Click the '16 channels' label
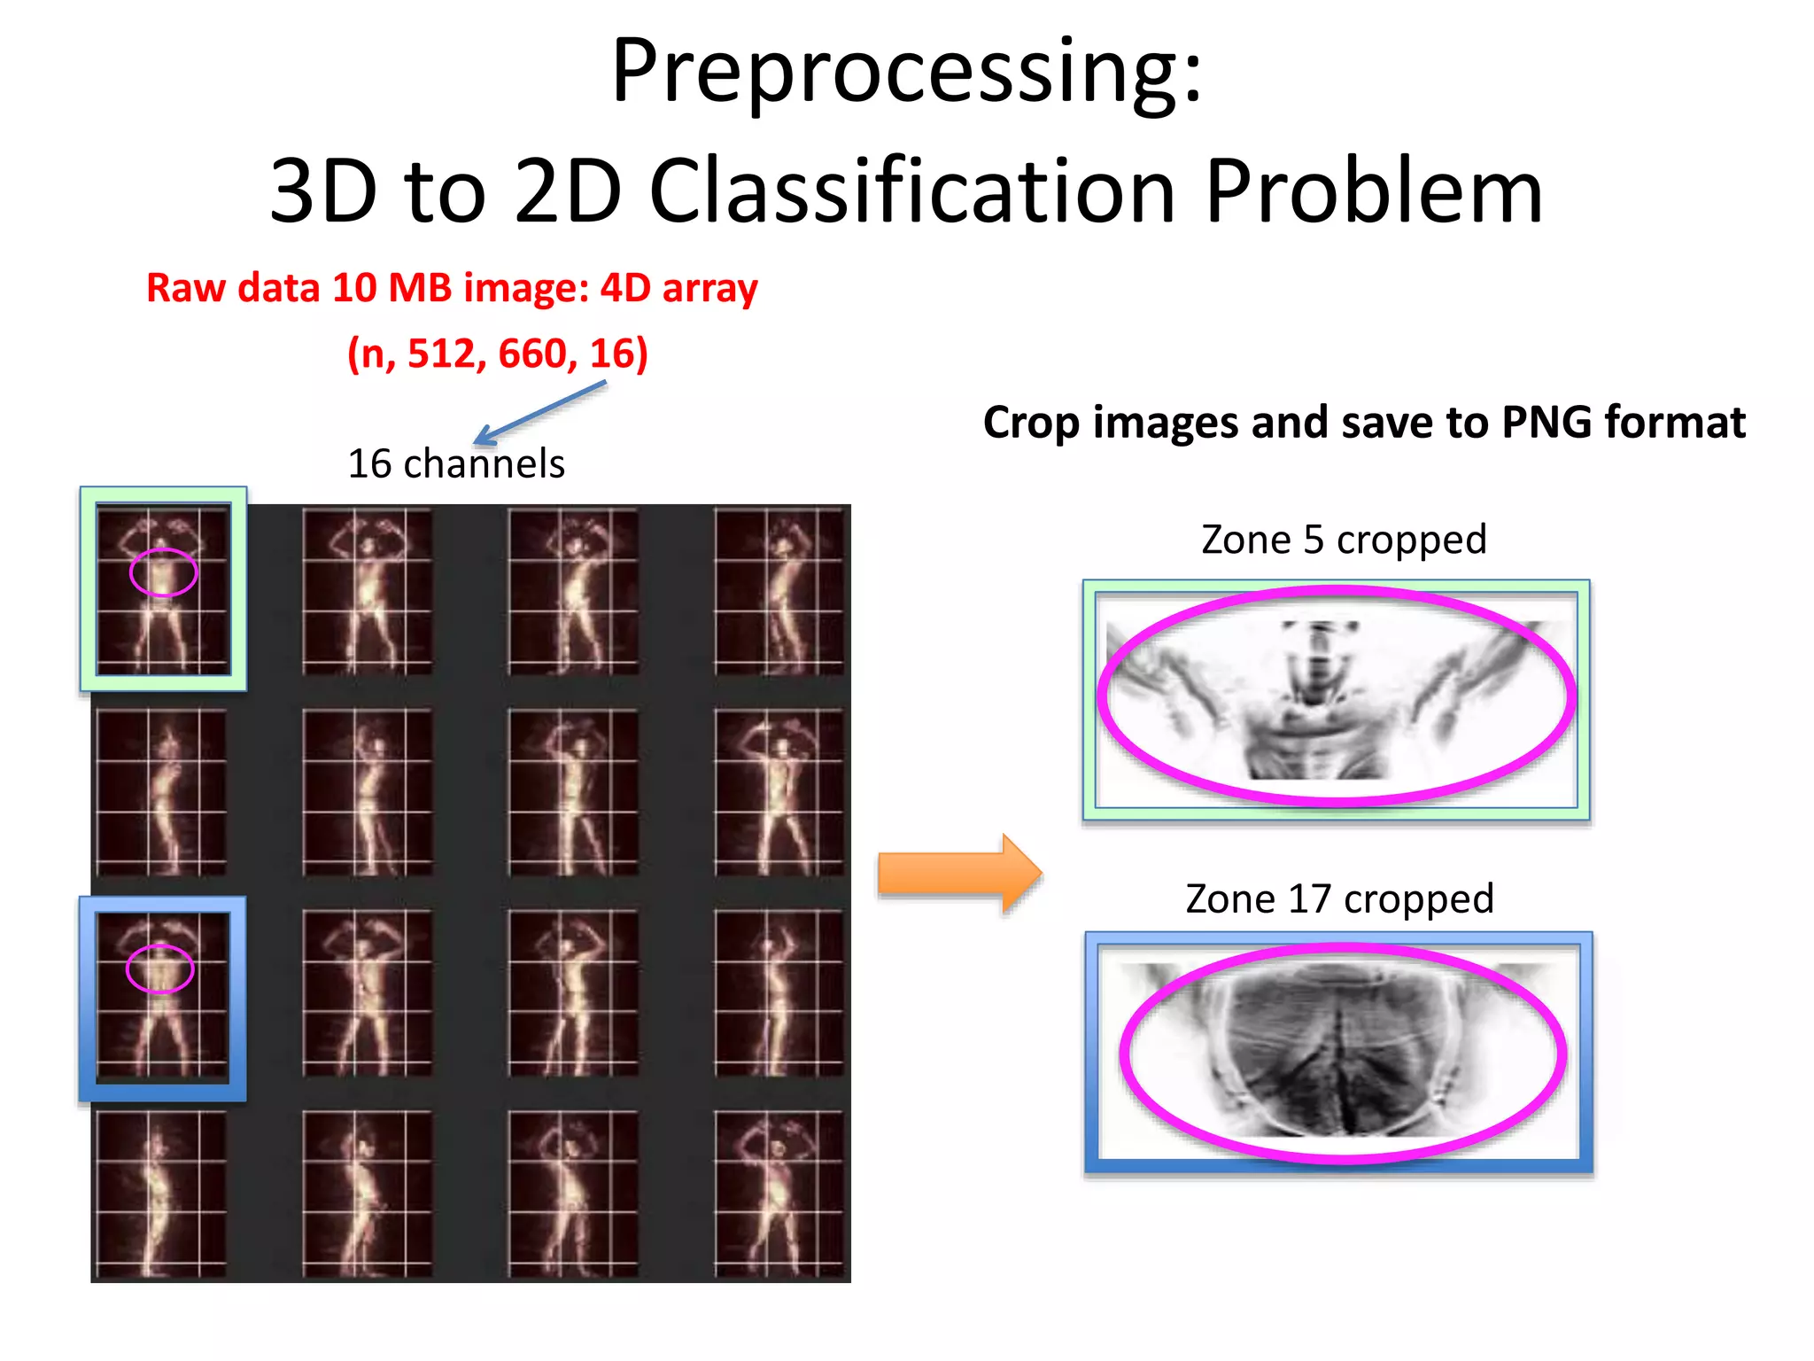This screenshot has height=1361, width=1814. click(x=456, y=463)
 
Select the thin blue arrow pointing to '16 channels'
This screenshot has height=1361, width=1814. click(x=540, y=412)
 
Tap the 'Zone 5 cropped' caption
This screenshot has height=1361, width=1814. click(x=1343, y=540)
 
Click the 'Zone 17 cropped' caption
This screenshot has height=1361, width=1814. click(x=1339, y=899)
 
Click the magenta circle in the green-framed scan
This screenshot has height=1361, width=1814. click(x=163, y=572)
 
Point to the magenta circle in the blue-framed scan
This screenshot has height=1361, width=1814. click(x=159, y=968)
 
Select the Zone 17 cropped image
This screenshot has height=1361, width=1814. click(x=1339, y=1052)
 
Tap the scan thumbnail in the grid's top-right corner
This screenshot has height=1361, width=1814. click(x=779, y=590)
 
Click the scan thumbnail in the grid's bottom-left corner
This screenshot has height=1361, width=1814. click(x=161, y=1194)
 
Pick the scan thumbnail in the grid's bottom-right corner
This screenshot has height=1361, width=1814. click(x=779, y=1194)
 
